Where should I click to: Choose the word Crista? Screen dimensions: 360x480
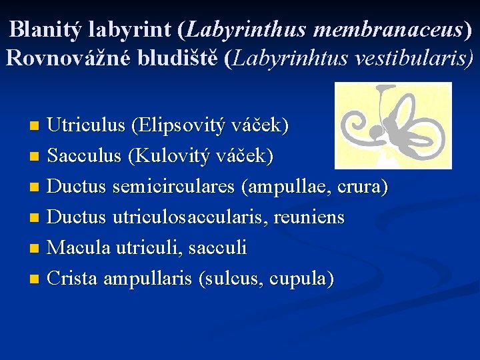point(74,279)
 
